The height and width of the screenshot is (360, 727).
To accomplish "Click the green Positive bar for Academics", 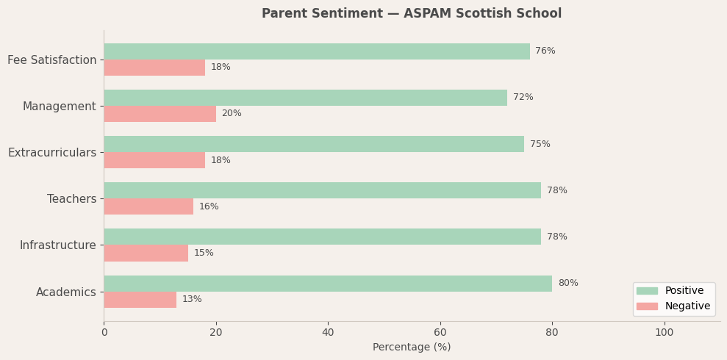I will pyautogui.click(x=328, y=284).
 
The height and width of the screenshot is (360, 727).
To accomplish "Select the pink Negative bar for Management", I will pyautogui.click(x=160, y=114).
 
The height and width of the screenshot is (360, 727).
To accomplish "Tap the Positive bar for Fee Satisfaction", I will pyautogui.click(x=316, y=51).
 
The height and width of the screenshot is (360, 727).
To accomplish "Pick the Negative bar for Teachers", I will pyautogui.click(x=148, y=206).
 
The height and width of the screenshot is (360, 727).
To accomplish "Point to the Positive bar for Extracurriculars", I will pyautogui.click(x=314, y=144).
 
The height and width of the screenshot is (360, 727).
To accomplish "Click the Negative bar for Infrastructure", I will pyautogui.click(x=146, y=253).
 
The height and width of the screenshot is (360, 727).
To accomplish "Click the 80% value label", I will pyautogui.click(x=567, y=284).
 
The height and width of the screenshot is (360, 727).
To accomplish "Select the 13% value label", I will pyautogui.click(x=192, y=300).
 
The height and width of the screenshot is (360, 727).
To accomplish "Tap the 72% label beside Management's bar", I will pyautogui.click(x=523, y=98).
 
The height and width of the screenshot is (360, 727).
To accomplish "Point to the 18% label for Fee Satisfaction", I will pyautogui.click(x=221, y=68).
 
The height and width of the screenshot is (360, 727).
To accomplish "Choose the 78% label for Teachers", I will pyautogui.click(x=556, y=191).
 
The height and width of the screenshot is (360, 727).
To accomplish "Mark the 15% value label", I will pyautogui.click(x=204, y=253).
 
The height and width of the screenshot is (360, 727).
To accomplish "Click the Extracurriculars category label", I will pyautogui.click(x=52, y=153).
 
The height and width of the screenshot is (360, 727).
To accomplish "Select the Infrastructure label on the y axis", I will pyautogui.click(x=57, y=245).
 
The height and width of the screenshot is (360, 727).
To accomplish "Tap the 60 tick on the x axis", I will pyautogui.click(x=440, y=333).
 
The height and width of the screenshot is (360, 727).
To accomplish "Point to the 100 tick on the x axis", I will pyautogui.click(x=664, y=333).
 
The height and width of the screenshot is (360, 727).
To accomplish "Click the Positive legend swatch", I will pyautogui.click(x=647, y=291).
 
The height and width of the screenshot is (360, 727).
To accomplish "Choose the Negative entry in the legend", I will pyautogui.click(x=687, y=306).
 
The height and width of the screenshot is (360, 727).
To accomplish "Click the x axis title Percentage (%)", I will pyautogui.click(x=412, y=348).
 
